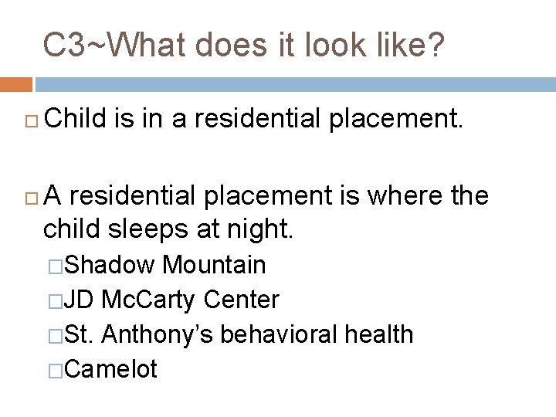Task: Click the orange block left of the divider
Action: [16, 84]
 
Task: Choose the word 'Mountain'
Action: [214, 265]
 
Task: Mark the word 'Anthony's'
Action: [158, 334]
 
